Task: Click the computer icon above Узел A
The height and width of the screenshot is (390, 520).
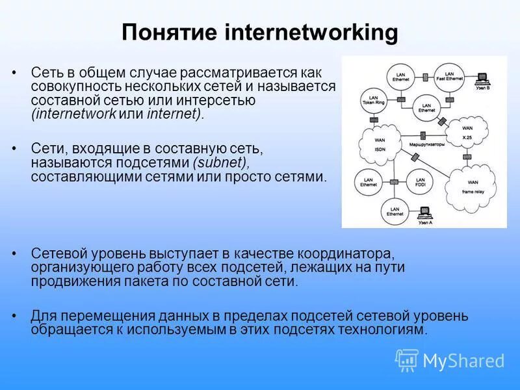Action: (x=424, y=212)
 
